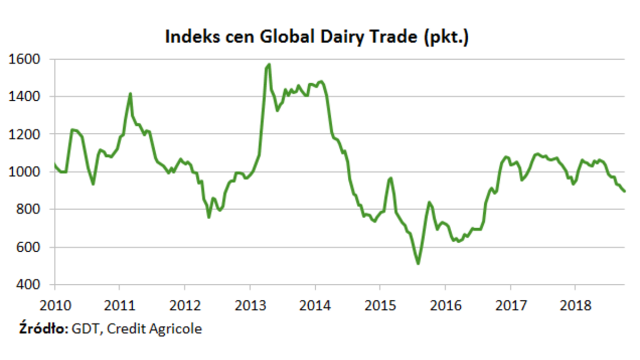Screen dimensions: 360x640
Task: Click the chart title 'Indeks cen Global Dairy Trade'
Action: click(317, 38)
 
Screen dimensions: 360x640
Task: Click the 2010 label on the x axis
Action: click(55, 306)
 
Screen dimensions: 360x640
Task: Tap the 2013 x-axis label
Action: click(250, 306)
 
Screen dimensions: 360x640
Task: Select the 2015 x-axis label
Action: click(380, 306)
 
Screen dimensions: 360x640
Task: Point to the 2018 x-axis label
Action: click(575, 306)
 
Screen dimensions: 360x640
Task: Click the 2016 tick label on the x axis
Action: click(445, 306)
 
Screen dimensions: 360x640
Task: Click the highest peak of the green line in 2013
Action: click(269, 65)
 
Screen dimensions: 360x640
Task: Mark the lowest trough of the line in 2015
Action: click(418, 263)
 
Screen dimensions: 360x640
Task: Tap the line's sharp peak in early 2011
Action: click(130, 94)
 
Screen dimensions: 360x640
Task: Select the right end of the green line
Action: click(625, 191)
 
